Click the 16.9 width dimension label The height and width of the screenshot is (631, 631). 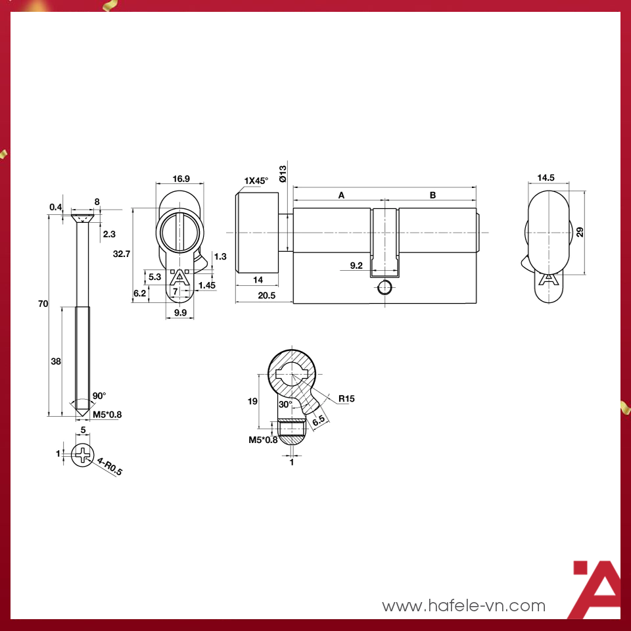click(181, 179)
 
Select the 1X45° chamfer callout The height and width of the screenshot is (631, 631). click(256, 180)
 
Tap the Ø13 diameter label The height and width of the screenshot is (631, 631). click(283, 174)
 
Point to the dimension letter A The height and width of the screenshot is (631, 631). click(341, 195)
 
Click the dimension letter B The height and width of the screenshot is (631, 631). click(432, 195)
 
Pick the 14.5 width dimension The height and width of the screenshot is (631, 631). click(546, 177)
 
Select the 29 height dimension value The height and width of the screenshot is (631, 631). click(580, 232)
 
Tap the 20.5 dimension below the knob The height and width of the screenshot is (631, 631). click(266, 296)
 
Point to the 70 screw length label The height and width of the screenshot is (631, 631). click(43, 304)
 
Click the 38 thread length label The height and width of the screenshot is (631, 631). click(56, 362)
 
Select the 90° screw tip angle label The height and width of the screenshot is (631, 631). click(99, 396)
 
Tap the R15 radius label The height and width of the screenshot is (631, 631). click(346, 398)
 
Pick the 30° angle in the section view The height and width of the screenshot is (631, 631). click(285, 404)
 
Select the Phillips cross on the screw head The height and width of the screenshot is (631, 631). click(83, 454)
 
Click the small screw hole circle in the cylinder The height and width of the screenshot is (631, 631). click(385, 287)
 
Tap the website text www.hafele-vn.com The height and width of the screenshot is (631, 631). click(464, 605)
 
